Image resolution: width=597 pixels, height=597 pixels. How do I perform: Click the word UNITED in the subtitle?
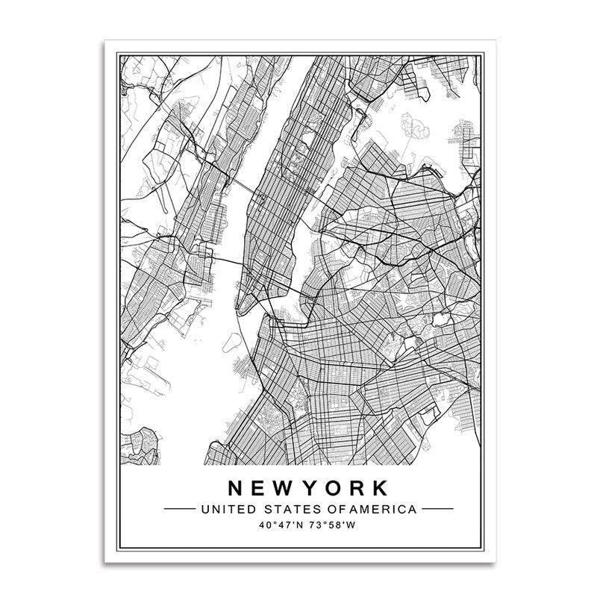216,510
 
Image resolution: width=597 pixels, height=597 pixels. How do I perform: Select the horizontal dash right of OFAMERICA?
437,510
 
